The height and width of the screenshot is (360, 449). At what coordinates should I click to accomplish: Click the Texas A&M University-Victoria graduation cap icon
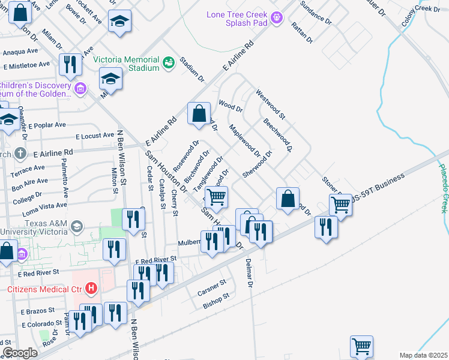[x=76, y=226]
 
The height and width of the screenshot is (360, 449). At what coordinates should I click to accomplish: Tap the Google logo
[x=20, y=353]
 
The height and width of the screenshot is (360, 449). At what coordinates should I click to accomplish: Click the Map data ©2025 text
[x=423, y=355]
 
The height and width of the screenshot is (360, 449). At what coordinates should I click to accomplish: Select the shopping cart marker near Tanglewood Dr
[x=216, y=196]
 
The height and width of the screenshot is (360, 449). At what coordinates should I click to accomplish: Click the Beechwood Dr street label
[x=277, y=134]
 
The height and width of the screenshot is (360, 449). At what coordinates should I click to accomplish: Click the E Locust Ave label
[x=95, y=136]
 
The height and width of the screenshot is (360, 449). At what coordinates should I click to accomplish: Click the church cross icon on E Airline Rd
[x=21, y=153]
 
